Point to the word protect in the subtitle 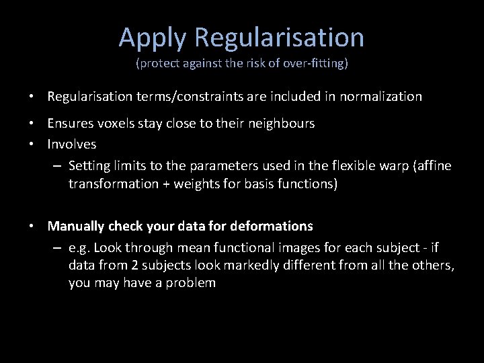(156, 65)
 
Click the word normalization (381, 96)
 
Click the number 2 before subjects (124, 266)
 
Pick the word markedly (227, 266)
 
